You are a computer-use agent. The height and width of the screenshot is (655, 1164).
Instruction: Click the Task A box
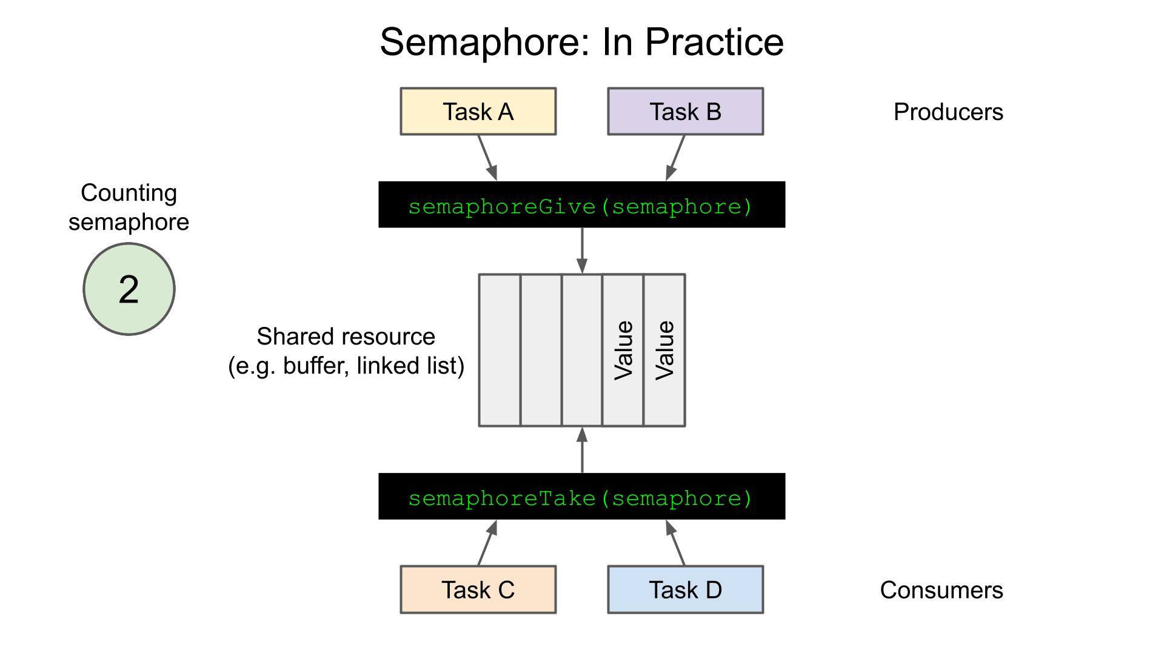tap(478, 112)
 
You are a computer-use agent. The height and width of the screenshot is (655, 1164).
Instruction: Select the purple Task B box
tap(685, 112)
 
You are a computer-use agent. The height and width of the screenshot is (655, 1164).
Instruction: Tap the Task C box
tap(478, 589)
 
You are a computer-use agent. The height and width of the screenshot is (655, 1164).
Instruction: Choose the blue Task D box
tap(685, 589)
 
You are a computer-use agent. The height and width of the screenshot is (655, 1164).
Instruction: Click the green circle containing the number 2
tap(129, 289)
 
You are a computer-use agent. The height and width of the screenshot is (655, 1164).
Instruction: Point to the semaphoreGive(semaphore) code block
tap(581, 205)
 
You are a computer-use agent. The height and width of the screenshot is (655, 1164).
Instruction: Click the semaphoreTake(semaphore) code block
tap(581, 497)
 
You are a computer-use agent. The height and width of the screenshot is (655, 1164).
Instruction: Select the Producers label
tap(948, 112)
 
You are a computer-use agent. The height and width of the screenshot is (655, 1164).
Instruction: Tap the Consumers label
tap(941, 590)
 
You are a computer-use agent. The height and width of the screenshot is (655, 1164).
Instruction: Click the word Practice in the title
tap(714, 42)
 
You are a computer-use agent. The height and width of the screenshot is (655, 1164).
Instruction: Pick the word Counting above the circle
tap(129, 193)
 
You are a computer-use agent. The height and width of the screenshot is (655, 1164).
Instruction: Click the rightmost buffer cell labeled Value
tap(664, 350)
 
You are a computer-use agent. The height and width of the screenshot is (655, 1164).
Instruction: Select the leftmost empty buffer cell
tap(500, 350)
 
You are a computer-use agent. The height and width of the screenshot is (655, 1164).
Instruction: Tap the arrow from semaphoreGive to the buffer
tap(582, 250)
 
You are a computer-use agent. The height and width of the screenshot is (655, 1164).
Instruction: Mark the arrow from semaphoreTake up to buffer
tap(582, 450)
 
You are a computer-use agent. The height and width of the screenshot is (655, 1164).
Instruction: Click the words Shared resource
tap(346, 337)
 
